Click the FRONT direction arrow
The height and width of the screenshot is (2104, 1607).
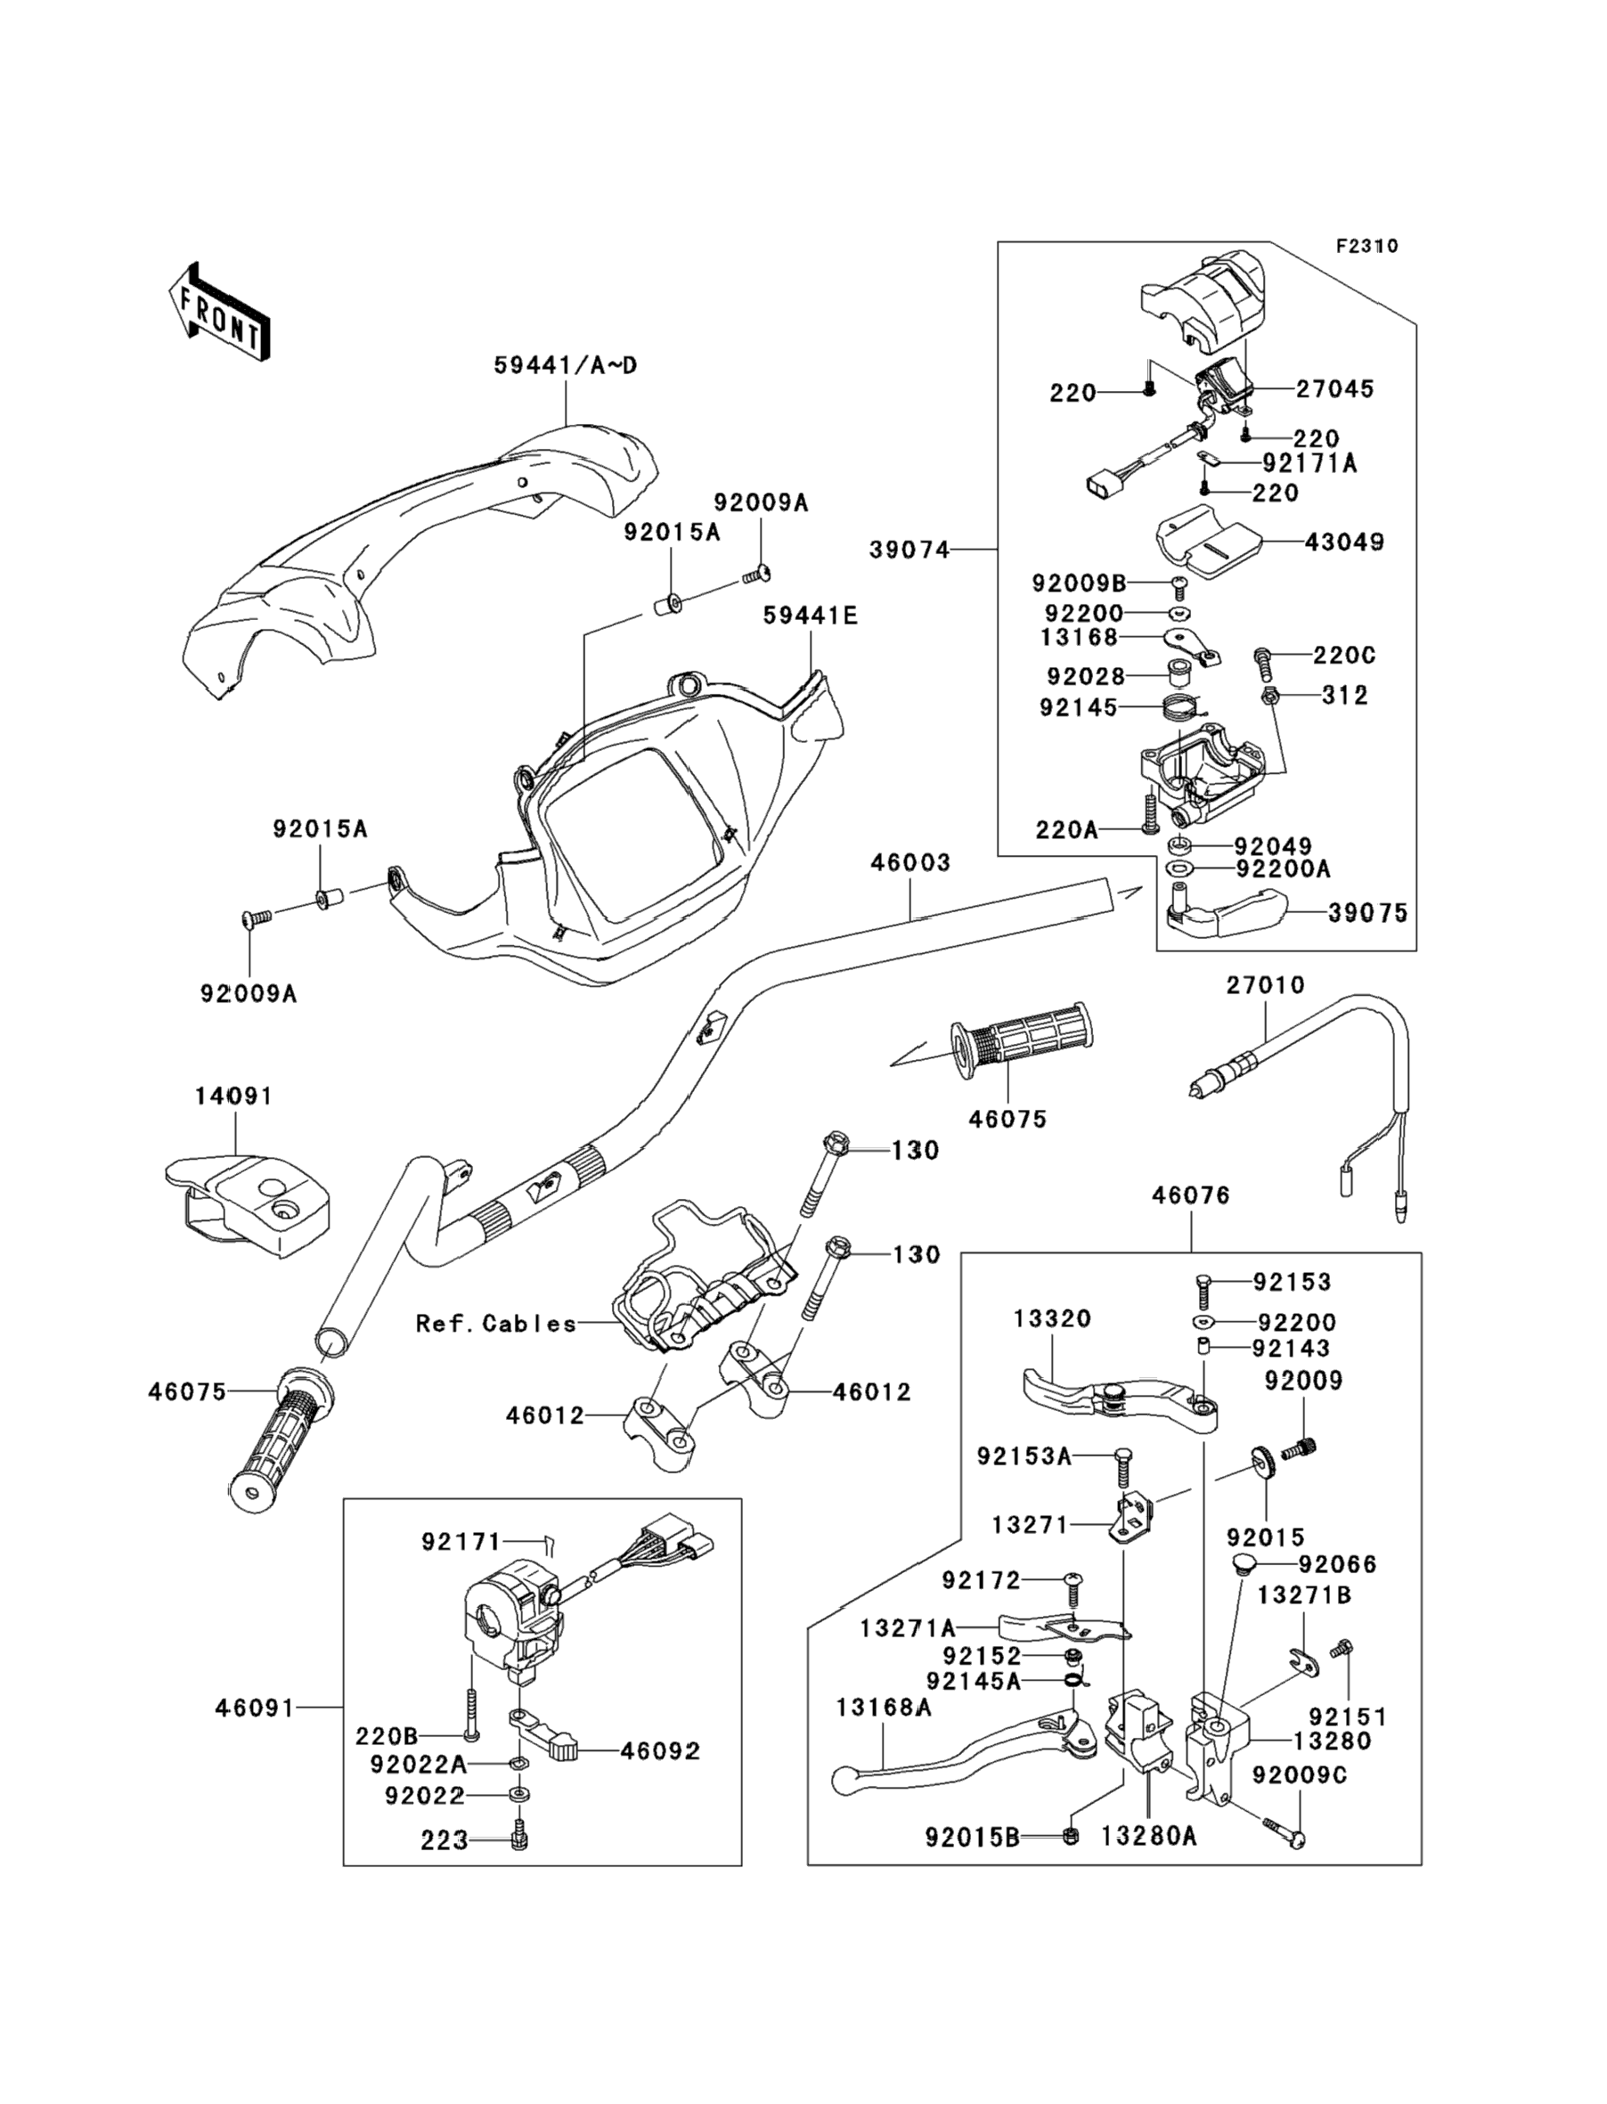pyautogui.click(x=219, y=313)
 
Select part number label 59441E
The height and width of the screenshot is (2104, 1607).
pyautogui.click(x=811, y=616)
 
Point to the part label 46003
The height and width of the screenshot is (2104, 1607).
pyautogui.click(x=910, y=862)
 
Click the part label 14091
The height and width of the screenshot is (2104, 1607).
pyautogui.click(x=233, y=1096)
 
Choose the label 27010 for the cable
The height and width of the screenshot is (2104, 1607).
pyautogui.click(x=1266, y=985)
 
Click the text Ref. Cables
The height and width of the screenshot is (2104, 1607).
pyautogui.click(x=496, y=1324)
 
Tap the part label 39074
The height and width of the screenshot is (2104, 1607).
pyautogui.click(x=909, y=550)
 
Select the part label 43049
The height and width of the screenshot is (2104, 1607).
pyautogui.click(x=1344, y=542)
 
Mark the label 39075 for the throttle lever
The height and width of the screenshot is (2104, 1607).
pyautogui.click(x=1368, y=913)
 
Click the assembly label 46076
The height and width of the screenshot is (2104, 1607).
pyautogui.click(x=1191, y=1195)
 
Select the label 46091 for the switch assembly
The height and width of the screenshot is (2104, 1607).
pyautogui.click(x=255, y=1708)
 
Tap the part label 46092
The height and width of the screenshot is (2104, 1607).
pyautogui.click(x=660, y=1751)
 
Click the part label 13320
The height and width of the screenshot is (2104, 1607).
pyautogui.click(x=1052, y=1319)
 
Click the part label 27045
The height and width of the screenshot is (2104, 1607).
pyautogui.click(x=1334, y=389)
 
